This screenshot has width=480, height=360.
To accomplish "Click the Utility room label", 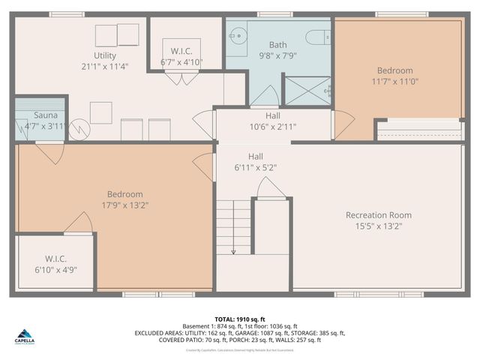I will [105, 55].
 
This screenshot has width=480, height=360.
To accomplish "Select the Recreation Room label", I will [378, 215].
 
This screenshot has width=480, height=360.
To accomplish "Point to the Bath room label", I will [257, 45].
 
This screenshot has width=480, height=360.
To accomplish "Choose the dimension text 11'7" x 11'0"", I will [394, 81].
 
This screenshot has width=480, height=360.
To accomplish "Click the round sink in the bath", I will [237, 35].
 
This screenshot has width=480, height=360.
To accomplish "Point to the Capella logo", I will [25, 337].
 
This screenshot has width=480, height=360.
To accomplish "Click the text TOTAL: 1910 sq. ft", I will [240, 319].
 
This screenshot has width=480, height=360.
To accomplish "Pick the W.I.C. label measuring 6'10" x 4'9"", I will [55, 264].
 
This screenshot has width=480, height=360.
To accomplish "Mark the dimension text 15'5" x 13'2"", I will [378, 226].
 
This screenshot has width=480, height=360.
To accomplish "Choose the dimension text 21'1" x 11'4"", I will [105, 66].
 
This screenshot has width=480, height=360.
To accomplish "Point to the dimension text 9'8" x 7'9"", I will [257, 55].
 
